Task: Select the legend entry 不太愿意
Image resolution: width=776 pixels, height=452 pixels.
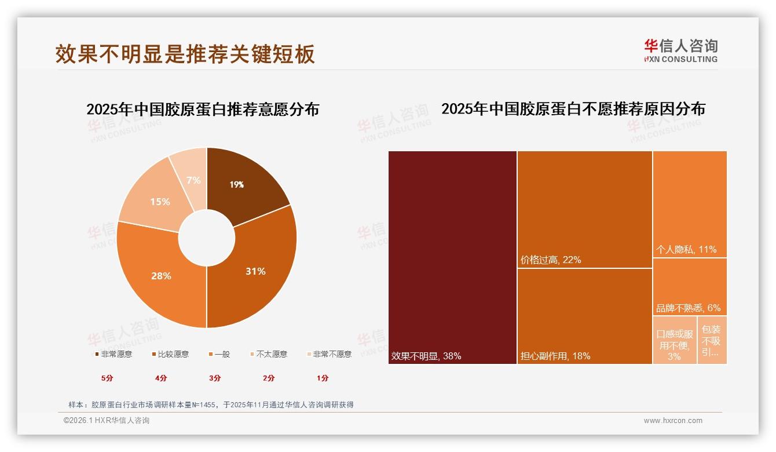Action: [272, 354]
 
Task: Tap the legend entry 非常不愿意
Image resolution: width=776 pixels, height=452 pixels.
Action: [332, 354]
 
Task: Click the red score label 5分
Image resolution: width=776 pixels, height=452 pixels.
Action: [107, 378]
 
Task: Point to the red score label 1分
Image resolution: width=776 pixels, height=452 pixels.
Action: [323, 378]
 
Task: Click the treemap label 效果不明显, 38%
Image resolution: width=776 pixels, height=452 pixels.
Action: [426, 356]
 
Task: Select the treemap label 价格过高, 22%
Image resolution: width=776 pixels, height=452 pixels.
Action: [551, 260]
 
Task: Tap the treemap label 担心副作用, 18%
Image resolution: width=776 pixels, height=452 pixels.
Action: [555, 356]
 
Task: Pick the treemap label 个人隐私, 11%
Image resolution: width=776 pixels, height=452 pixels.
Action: [686, 250]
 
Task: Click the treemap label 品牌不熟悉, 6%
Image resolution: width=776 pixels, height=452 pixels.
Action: [688, 308]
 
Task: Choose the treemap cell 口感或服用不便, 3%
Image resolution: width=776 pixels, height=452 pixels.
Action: [675, 345]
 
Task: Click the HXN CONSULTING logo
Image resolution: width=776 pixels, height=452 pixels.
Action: [680, 51]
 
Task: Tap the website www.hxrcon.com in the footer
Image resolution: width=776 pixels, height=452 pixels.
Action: [673, 421]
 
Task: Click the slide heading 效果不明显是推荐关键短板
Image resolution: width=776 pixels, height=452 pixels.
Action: [185, 54]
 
